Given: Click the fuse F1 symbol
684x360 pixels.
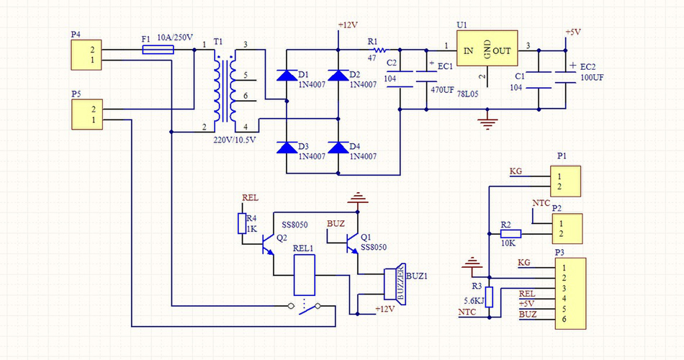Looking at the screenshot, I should pos(158,50).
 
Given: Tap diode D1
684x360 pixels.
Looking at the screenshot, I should pos(287,76).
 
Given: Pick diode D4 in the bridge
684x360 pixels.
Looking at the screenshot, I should pos(338,148).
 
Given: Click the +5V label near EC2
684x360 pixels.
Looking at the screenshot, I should pos(573,32).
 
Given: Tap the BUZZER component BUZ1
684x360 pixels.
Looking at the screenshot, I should pos(394,284).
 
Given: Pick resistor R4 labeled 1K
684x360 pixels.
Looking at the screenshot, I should pos(242,224).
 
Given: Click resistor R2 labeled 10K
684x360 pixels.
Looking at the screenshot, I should pos(510,233).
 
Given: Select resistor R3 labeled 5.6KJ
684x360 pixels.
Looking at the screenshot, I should pos(489,297).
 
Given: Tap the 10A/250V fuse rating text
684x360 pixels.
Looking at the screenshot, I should pos(174,37).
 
